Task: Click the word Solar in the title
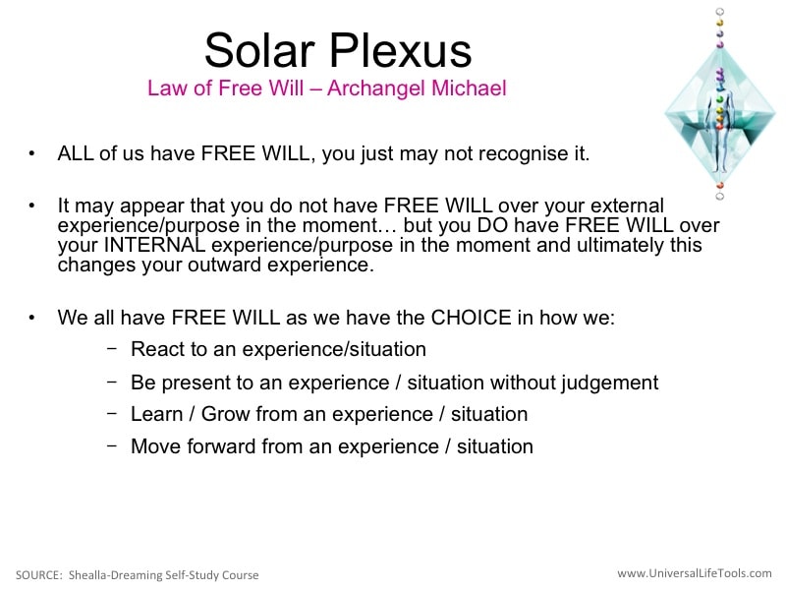(259, 50)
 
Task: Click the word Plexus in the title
(400, 50)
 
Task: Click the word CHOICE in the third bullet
(471, 318)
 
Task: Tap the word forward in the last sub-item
(221, 446)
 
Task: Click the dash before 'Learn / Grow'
(112, 413)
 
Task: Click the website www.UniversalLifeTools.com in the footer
(695, 573)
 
